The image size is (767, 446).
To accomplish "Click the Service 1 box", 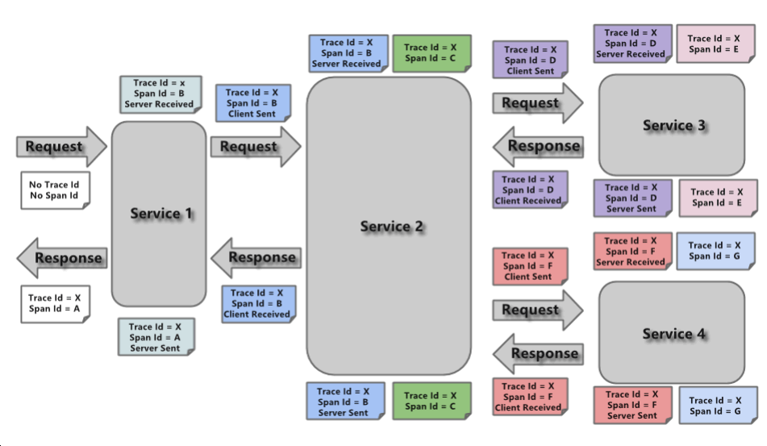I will (x=159, y=214).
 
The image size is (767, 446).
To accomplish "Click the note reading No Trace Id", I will (x=54, y=190).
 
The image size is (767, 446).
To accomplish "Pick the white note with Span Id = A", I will (x=54, y=303).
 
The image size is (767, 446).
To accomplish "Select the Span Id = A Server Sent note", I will (x=156, y=337).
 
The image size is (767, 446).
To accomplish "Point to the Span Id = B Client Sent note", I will (x=252, y=103).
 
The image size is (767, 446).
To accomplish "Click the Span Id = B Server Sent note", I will (x=344, y=402).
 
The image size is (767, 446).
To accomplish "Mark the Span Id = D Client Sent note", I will (x=530, y=60).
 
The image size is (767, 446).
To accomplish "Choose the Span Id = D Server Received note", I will (x=631, y=44).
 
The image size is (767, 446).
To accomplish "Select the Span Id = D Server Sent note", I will (x=632, y=198).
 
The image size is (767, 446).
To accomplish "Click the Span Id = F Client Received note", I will (x=529, y=397).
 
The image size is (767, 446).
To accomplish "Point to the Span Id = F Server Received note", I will (x=631, y=251).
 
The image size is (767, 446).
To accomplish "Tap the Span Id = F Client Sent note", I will (x=528, y=265).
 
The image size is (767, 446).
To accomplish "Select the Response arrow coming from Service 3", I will (x=537, y=146).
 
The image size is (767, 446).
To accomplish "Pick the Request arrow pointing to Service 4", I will (x=537, y=310).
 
